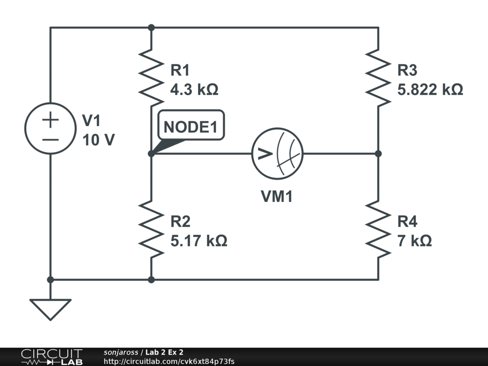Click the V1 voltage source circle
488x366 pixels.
(50, 129)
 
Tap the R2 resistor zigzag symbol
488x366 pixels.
(151, 229)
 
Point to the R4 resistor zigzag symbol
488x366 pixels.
(378, 229)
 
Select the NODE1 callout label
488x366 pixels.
(191, 127)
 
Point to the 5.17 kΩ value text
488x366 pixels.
(199, 241)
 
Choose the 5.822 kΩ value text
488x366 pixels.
(430, 90)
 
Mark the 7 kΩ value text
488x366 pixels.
(415, 241)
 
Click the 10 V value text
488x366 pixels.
(98, 140)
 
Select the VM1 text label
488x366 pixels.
(276, 196)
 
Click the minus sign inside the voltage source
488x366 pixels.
(50, 140)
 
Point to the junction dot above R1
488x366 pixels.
(151, 27)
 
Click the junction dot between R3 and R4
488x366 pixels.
(378, 153)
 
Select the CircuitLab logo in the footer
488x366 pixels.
(51, 357)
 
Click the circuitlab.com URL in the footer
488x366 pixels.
(169, 362)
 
